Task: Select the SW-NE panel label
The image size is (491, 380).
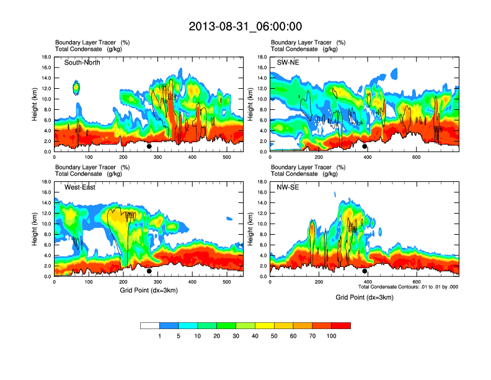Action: (289, 63)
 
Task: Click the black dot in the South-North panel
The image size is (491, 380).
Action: (149, 147)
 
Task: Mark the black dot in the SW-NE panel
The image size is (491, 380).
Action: (365, 147)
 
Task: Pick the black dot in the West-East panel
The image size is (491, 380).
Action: (149, 271)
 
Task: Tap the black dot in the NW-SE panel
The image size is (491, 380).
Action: (365, 271)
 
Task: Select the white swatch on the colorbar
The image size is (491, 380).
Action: (150, 325)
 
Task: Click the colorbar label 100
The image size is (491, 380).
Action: (332, 336)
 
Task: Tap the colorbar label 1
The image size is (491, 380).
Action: (160, 336)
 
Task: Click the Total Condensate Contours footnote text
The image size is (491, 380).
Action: (408, 287)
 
